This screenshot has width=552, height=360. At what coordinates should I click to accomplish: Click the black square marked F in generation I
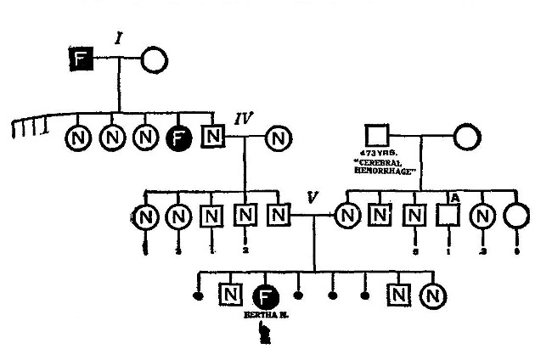point(82,59)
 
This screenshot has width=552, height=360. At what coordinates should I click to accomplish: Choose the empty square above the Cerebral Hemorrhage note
point(376,133)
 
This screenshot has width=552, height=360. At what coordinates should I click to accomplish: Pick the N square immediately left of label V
point(278,216)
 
